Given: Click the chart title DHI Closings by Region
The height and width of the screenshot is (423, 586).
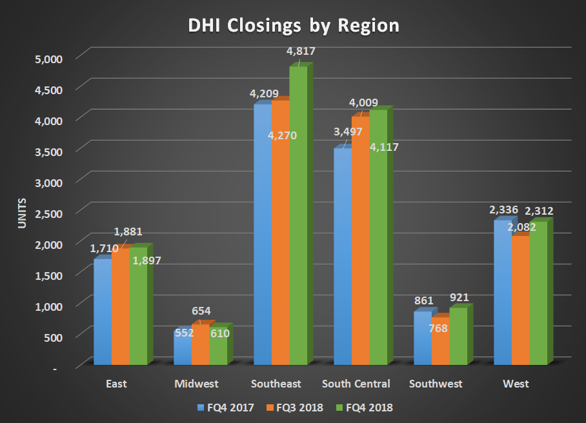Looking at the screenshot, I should [293, 26].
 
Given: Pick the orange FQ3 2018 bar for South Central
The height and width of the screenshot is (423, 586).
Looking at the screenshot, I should [360, 245].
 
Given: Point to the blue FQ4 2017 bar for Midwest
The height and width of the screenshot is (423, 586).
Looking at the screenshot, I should [183, 348].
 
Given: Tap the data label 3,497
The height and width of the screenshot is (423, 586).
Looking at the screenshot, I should [348, 132].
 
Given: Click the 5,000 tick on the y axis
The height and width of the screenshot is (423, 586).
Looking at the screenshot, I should [48, 59].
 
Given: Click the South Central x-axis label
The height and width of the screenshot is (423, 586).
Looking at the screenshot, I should [356, 384].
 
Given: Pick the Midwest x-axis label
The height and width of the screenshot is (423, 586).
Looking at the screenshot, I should [197, 384].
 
